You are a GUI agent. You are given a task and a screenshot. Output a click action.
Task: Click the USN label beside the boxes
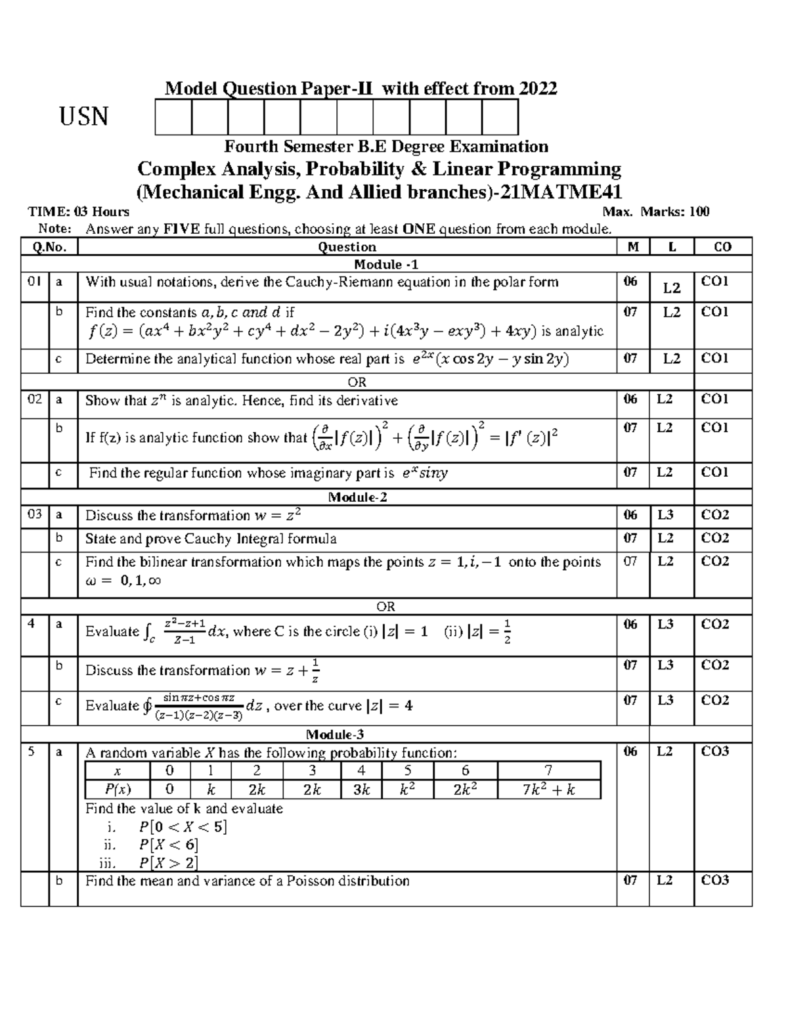tap(84, 118)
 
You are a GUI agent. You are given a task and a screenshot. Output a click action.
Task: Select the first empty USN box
tap(173, 118)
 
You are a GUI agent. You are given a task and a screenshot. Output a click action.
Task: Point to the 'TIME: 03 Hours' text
tap(78, 211)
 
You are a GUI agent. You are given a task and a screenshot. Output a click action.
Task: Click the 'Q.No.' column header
tap(49, 247)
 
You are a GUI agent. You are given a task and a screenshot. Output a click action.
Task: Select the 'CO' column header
tap(722, 247)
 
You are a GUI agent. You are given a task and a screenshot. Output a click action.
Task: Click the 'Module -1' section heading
tap(386, 264)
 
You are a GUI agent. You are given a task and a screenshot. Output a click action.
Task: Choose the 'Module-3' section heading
tap(335, 734)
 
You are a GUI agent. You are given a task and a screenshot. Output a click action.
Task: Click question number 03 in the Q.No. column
tap(34, 515)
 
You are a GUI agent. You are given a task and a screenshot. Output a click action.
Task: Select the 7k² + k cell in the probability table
tap(548, 789)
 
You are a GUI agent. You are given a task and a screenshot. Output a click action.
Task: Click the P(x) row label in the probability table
tap(118, 789)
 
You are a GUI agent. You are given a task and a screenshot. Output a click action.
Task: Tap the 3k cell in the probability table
tap(361, 789)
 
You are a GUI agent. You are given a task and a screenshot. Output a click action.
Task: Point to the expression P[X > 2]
tap(168, 862)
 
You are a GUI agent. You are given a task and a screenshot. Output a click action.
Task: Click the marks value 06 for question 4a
tap(630, 624)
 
